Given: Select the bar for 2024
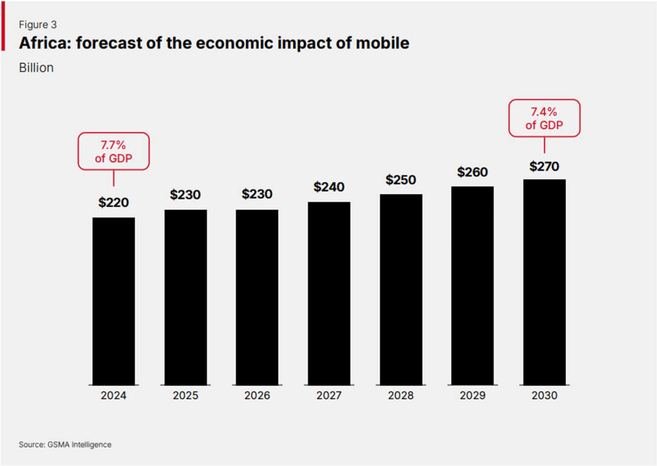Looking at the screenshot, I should click(x=114, y=301).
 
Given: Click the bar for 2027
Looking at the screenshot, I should click(x=329, y=293).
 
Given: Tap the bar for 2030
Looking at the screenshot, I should click(x=544, y=282).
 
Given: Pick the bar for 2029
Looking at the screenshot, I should click(x=472, y=286).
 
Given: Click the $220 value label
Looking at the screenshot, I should click(x=114, y=202).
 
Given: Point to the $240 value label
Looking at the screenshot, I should click(x=329, y=187).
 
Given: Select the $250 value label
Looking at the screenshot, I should click(x=401, y=180).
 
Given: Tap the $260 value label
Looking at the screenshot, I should click(x=472, y=172).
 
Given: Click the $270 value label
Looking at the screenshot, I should click(x=544, y=166).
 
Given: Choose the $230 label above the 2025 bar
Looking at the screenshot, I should click(x=185, y=195).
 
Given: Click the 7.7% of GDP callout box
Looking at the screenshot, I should click(x=114, y=152).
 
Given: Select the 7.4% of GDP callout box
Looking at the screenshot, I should click(x=544, y=118).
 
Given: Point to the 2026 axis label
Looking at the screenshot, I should click(x=257, y=396).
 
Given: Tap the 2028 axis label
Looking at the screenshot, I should click(x=401, y=396).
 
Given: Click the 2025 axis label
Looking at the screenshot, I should click(x=185, y=396).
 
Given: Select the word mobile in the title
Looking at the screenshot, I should click(x=382, y=43).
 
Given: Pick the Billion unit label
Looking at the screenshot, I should click(x=36, y=68).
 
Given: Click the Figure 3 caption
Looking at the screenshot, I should click(x=38, y=25).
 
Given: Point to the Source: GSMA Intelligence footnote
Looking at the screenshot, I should click(x=65, y=444).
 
